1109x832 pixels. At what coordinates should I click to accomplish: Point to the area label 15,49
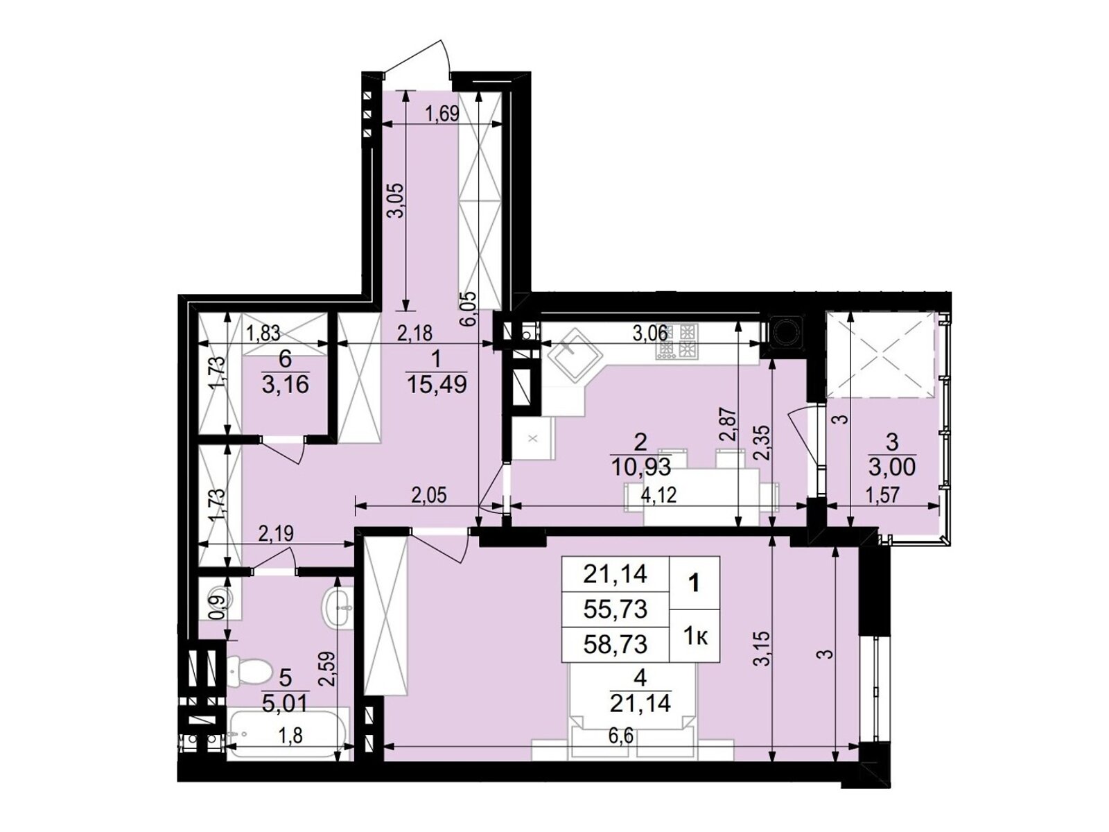[436, 385]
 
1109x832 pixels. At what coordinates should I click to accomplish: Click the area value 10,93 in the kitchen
[640, 467]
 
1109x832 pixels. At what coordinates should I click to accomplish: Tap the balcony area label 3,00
[892, 468]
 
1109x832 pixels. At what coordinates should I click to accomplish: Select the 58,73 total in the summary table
[615, 644]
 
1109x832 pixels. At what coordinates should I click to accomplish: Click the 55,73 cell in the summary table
[615, 609]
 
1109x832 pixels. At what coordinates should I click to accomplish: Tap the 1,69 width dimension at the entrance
[443, 114]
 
